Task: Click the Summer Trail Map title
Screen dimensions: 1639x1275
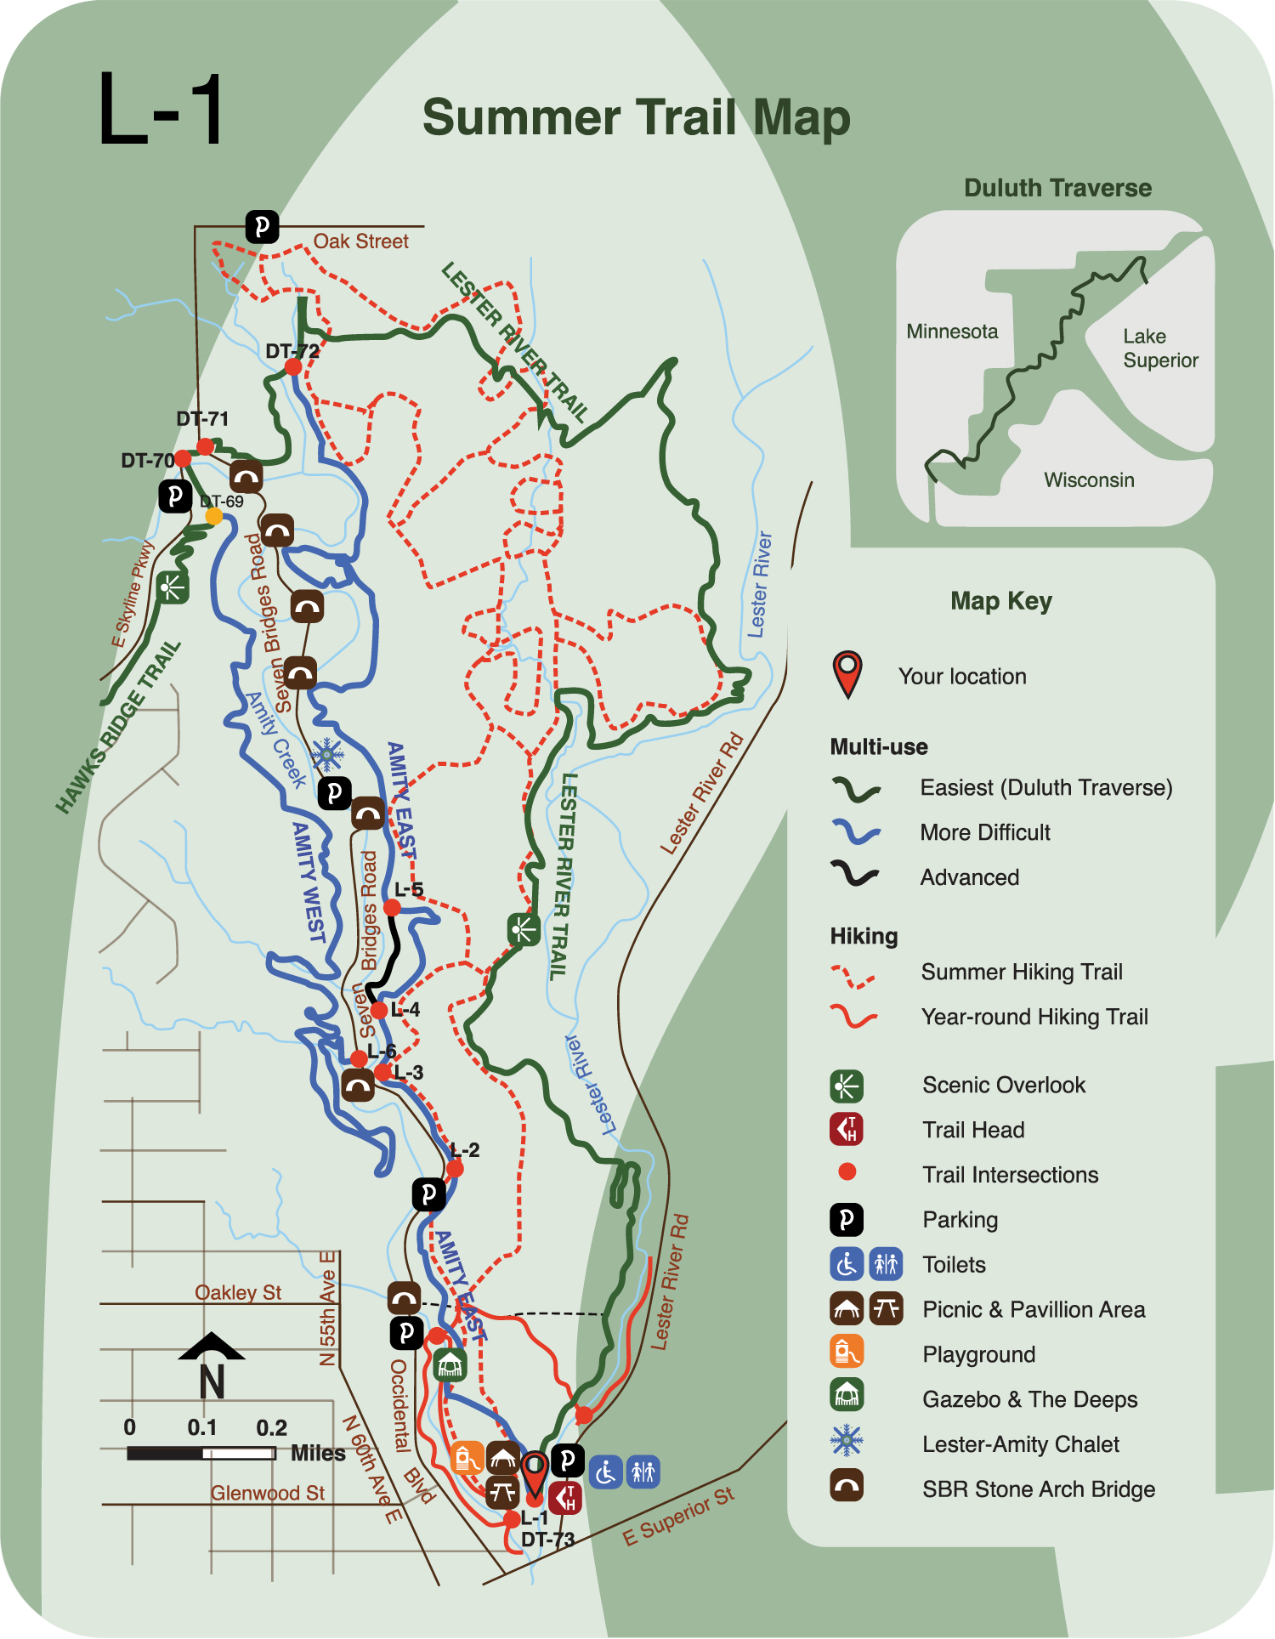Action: point(636,117)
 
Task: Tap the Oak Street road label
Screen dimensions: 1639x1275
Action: point(360,241)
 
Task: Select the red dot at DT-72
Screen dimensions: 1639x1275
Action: point(293,366)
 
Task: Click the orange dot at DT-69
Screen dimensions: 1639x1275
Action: point(214,516)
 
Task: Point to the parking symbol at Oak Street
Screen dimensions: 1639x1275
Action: point(262,227)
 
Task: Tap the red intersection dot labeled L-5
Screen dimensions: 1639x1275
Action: point(392,908)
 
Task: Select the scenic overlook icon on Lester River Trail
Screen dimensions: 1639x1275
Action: point(524,929)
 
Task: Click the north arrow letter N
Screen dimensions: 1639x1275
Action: point(212,1381)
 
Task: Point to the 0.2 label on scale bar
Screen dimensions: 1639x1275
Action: point(271,1427)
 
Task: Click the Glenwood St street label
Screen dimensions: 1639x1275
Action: point(268,1493)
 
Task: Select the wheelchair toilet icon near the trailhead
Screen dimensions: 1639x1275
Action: point(605,1472)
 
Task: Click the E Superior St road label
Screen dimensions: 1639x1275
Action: point(678,1517)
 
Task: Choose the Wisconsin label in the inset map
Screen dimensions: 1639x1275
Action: point(1089,480)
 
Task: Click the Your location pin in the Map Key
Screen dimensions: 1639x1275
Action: point(847,674)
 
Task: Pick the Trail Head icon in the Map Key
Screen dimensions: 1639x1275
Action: point(847,1129)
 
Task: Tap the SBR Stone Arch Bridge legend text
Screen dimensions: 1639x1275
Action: point(1038,1489)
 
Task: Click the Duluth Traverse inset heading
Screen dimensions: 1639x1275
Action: point(1057,188)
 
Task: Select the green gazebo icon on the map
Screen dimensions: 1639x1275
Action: point(449,1364)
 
